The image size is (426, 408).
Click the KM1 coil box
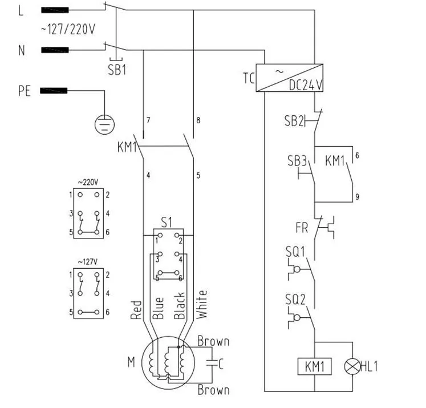pyautogui.click(x=314, y=366)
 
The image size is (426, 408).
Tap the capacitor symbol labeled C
pyautogui.click(x=212, y=361)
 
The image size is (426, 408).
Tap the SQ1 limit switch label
pyautogui.click(x=296, y=251)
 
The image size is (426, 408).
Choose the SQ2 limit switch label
pyautogui.click(x=296, y=298)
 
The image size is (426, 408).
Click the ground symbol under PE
pyautogui.click(x=105, y=123)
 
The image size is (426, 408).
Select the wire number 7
pyautogui.click(x=148, y=120)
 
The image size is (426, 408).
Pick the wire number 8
pyautogui.click(x=198, y=120)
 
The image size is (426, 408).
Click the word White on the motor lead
pyautogui.click(x=202, y=305)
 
